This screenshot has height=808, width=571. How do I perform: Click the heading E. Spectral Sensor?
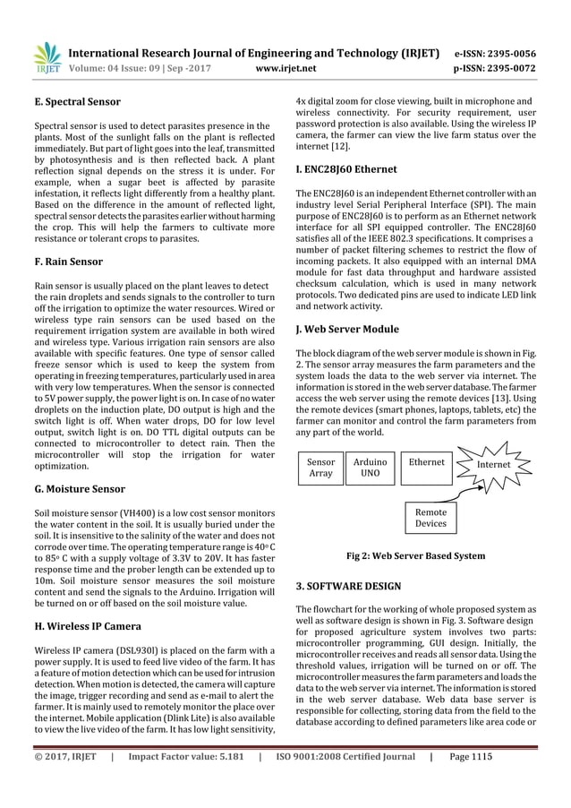click(x=77, y=102)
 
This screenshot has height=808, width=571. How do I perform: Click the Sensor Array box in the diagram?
click(x=320, y=468)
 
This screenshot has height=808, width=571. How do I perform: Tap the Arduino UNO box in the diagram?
click(x=370, y=468)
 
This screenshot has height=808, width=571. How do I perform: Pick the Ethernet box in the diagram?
click(x=426, y=463)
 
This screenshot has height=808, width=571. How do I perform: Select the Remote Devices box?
click(x=430, y=517)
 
